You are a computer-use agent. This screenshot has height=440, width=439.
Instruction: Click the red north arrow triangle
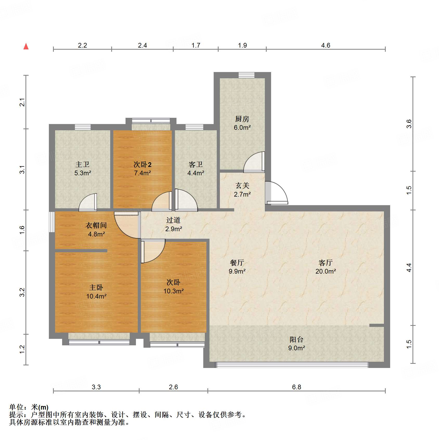(x=26, y=47)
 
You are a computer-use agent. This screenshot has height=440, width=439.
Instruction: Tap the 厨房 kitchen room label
(x=242, y=119)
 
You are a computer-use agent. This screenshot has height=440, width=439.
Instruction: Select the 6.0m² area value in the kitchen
(x=242, y=127)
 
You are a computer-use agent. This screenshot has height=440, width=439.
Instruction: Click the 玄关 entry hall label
(x=242, y=185)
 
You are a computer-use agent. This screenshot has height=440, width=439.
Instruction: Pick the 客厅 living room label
(x=326, y=263)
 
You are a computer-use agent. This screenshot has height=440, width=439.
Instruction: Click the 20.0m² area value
(x=326, y=271)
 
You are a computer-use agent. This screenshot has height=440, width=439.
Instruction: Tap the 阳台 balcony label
(x=297, y=339)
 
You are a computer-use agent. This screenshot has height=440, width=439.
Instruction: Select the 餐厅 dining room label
(x=237, y=263)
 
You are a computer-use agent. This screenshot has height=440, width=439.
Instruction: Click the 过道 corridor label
(x=173, y=220)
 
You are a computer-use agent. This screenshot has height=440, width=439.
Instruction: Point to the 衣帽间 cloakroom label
(x=96, y=225)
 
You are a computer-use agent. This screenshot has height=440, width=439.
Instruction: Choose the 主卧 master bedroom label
(x=96, y=287)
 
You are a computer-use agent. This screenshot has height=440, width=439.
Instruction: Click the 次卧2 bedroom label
(x=142, y=164)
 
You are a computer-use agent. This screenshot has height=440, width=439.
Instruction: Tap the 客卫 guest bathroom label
(x=196, y=164)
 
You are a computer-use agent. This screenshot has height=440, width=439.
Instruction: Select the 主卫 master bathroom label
(x=82, y=164)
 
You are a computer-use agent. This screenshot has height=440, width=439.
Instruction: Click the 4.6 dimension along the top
(x=325, y=46)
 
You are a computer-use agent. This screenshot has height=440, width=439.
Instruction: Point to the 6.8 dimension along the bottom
(x=297, y=387)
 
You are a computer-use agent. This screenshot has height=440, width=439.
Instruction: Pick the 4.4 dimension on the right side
(x=409, y=268)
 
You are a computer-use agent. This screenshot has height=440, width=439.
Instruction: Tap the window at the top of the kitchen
(x=246, y=75)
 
